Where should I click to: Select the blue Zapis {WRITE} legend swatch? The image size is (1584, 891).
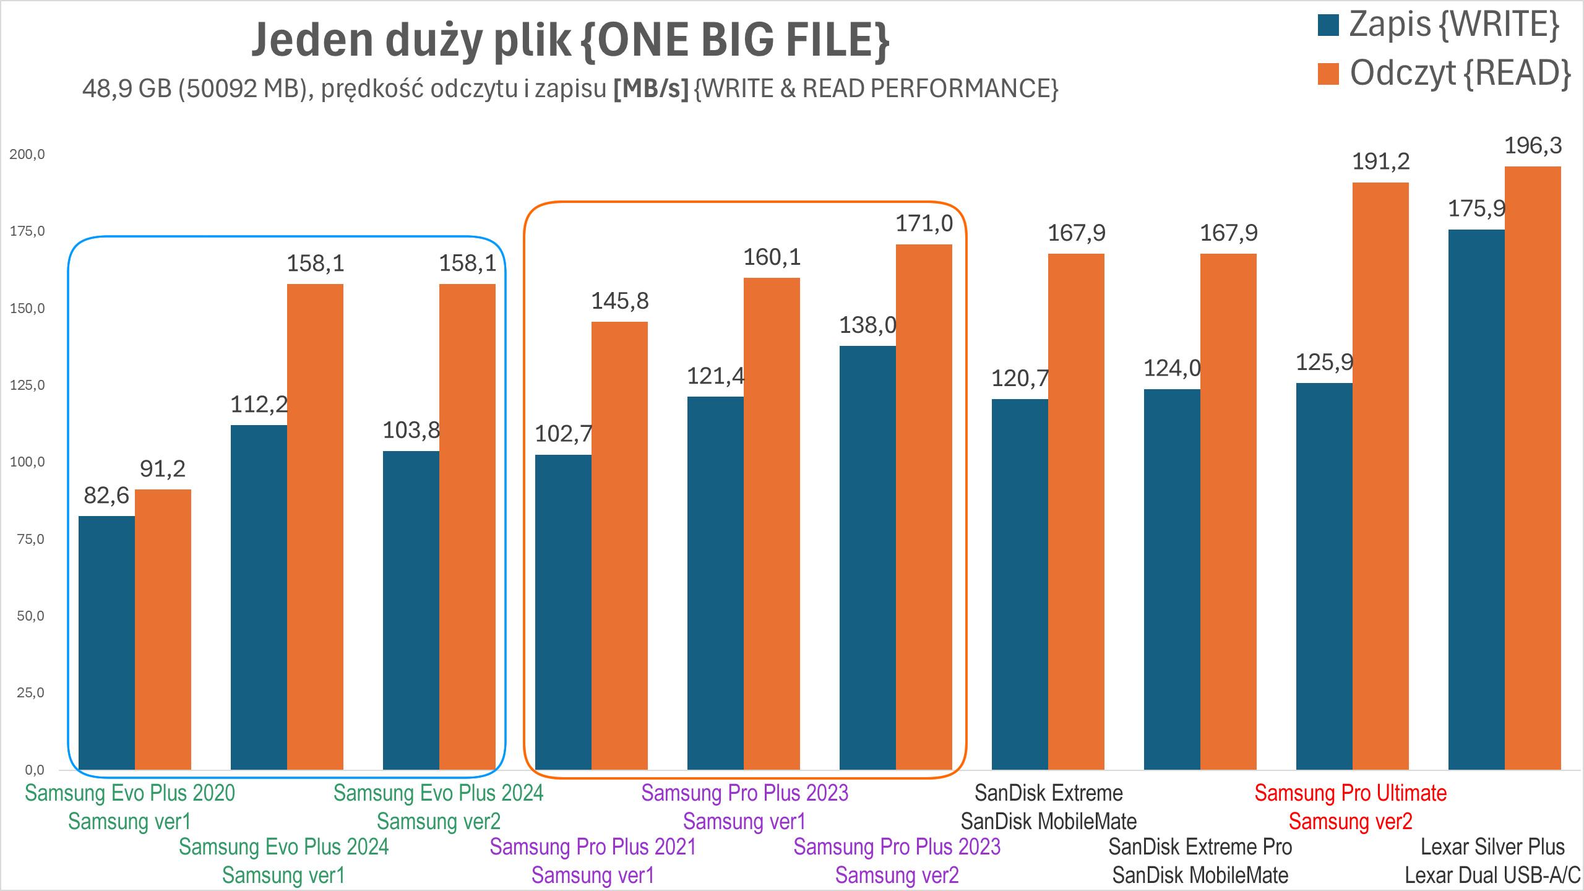click(1328, 25)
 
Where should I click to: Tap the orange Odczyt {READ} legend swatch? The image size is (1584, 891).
click(1328, 74)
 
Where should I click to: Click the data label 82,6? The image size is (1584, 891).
click(106, 496)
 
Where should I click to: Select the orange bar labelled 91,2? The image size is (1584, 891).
click(163, 629)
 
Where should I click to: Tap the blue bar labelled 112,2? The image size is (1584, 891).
click(259, 597)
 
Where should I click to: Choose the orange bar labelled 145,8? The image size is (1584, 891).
click(619, 546)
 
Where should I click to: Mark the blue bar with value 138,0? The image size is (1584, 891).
click(867, 557)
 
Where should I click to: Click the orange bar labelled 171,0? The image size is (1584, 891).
click(924, 507)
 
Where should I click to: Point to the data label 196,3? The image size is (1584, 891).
click(1533, 146)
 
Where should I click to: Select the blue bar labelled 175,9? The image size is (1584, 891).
click(1476, 499)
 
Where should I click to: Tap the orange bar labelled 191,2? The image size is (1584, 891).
click(1380, 476)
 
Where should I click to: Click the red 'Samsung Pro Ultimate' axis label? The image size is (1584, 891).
click(1350, 793)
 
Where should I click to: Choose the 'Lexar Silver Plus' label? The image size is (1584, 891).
click(1492, 846)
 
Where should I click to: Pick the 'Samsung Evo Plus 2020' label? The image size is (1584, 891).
click(130, 793)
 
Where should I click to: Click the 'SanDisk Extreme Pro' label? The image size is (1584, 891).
click(1200, 846)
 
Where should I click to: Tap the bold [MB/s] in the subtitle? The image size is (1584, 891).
click(650, 90)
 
